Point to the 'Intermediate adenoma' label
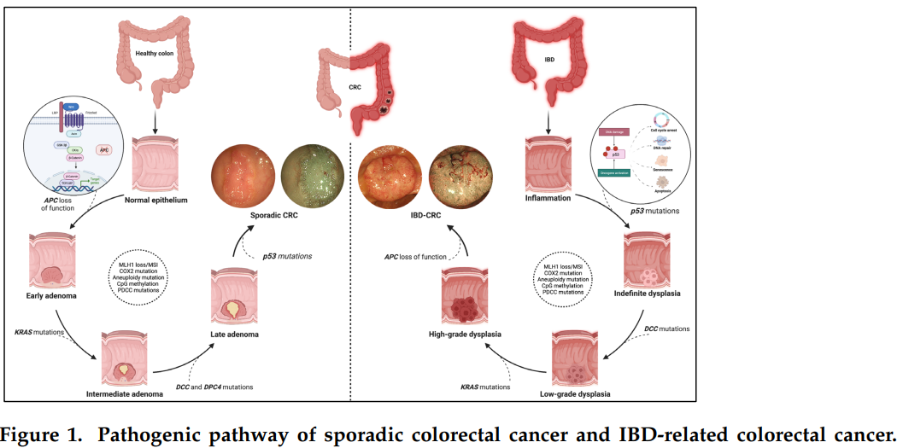125,394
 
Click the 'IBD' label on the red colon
550,61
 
